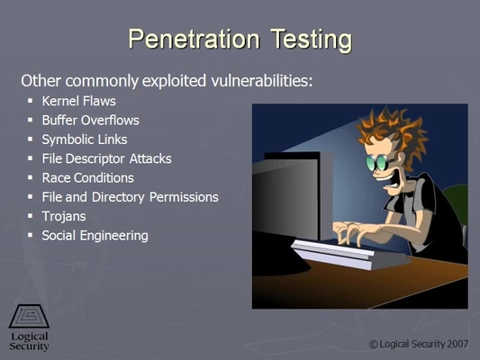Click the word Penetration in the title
point(195,39)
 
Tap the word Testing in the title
point(312,40)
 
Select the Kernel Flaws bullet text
point(78,101)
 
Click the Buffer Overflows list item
point(91,121)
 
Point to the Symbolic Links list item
point(85,139)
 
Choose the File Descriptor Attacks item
point(107,158)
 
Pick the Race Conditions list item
point(88,178)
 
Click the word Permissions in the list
point(184,197)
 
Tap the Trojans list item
point(64,217)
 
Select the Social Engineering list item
point(95,236)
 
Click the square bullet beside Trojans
point(30,216)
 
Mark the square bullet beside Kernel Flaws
point(30,100)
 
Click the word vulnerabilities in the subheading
point(262,81)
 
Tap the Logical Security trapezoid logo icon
point(29,316)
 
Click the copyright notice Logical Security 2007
point(419,345)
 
